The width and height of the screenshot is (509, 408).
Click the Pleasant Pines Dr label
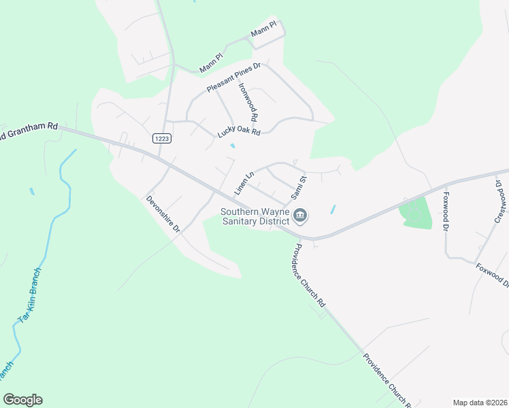click(x=234, y=78)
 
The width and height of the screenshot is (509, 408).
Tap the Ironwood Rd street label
click(x=248, y=102)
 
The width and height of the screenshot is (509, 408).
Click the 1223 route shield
click(x=161, y=137)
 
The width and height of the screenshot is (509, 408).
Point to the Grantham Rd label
click(x=30, y=131)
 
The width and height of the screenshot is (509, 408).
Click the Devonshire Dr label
click(x=163, y=215)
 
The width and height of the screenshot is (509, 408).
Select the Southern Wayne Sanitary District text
click(x=255, y=216)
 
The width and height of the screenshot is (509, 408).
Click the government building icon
click(x=301, y=216)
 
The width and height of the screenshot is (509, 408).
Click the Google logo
click(x=22, y=400)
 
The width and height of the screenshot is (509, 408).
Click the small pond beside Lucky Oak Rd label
click(x=233, y=146)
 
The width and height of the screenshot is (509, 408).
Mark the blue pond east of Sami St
click(x=333, y=210)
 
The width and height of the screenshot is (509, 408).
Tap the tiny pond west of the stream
click(x=31, y=192)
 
